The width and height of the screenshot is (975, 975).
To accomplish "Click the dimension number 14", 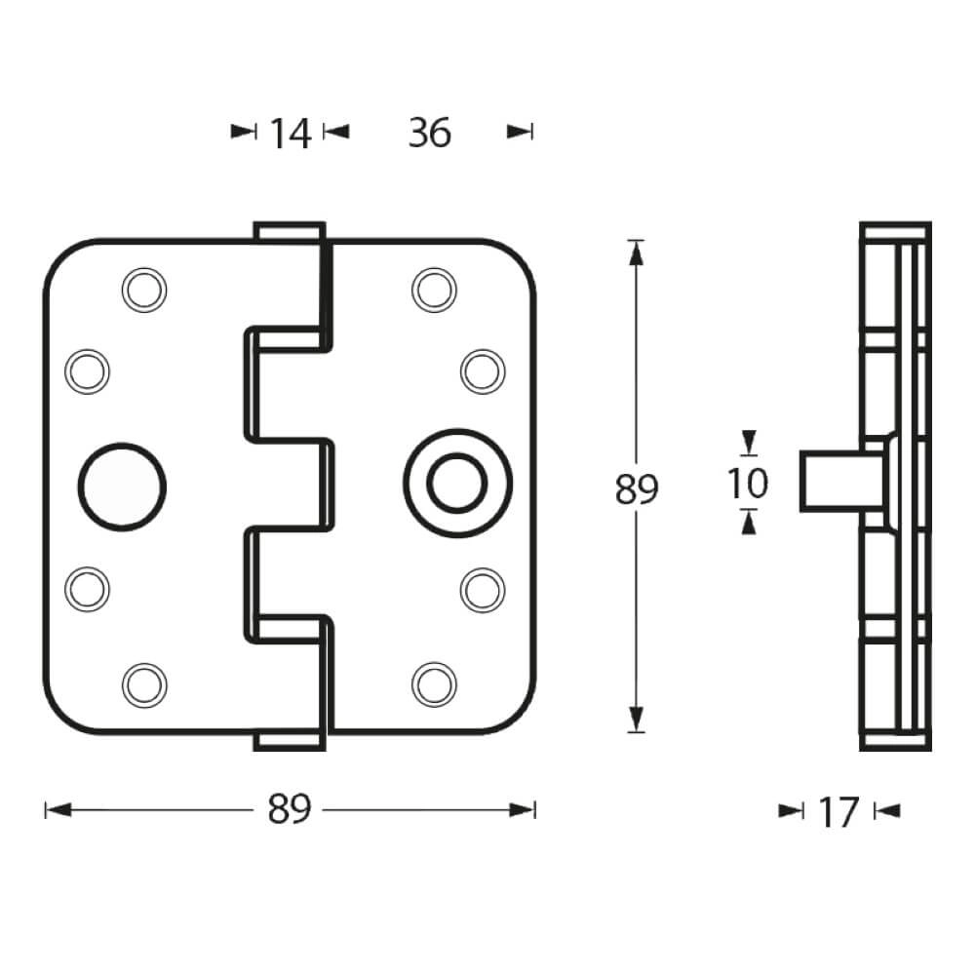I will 290,133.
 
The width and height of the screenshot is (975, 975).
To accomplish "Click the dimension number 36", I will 430,133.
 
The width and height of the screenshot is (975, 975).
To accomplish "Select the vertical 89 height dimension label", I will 637,488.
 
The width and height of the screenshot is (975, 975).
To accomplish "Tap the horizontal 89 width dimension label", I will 290,809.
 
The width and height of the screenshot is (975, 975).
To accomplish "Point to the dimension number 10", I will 748,483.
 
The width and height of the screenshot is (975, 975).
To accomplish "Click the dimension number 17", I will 838,811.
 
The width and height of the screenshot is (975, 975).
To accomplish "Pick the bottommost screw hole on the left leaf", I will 142,683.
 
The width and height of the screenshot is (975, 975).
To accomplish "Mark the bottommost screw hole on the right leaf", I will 433,683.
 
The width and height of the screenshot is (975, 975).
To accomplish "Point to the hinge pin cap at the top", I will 289,233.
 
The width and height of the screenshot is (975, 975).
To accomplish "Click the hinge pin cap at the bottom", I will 289,741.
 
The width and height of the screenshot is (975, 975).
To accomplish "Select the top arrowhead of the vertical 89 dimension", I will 637,252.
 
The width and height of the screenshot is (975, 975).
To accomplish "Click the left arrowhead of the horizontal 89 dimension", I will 57,809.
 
